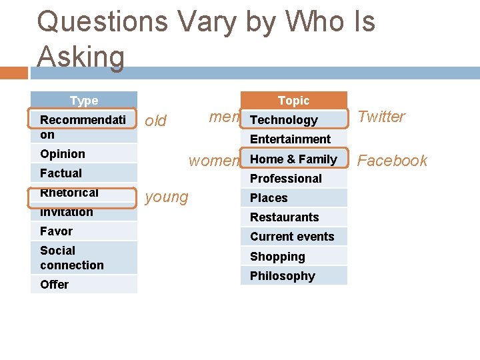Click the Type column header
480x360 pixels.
[84, 101]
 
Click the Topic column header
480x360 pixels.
[293, 101]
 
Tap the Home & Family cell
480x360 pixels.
[293, 159]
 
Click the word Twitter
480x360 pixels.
[381, 117]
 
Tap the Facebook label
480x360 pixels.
[393, 161]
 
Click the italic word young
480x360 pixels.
[167, 197]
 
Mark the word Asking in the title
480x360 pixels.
[81, 56]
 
